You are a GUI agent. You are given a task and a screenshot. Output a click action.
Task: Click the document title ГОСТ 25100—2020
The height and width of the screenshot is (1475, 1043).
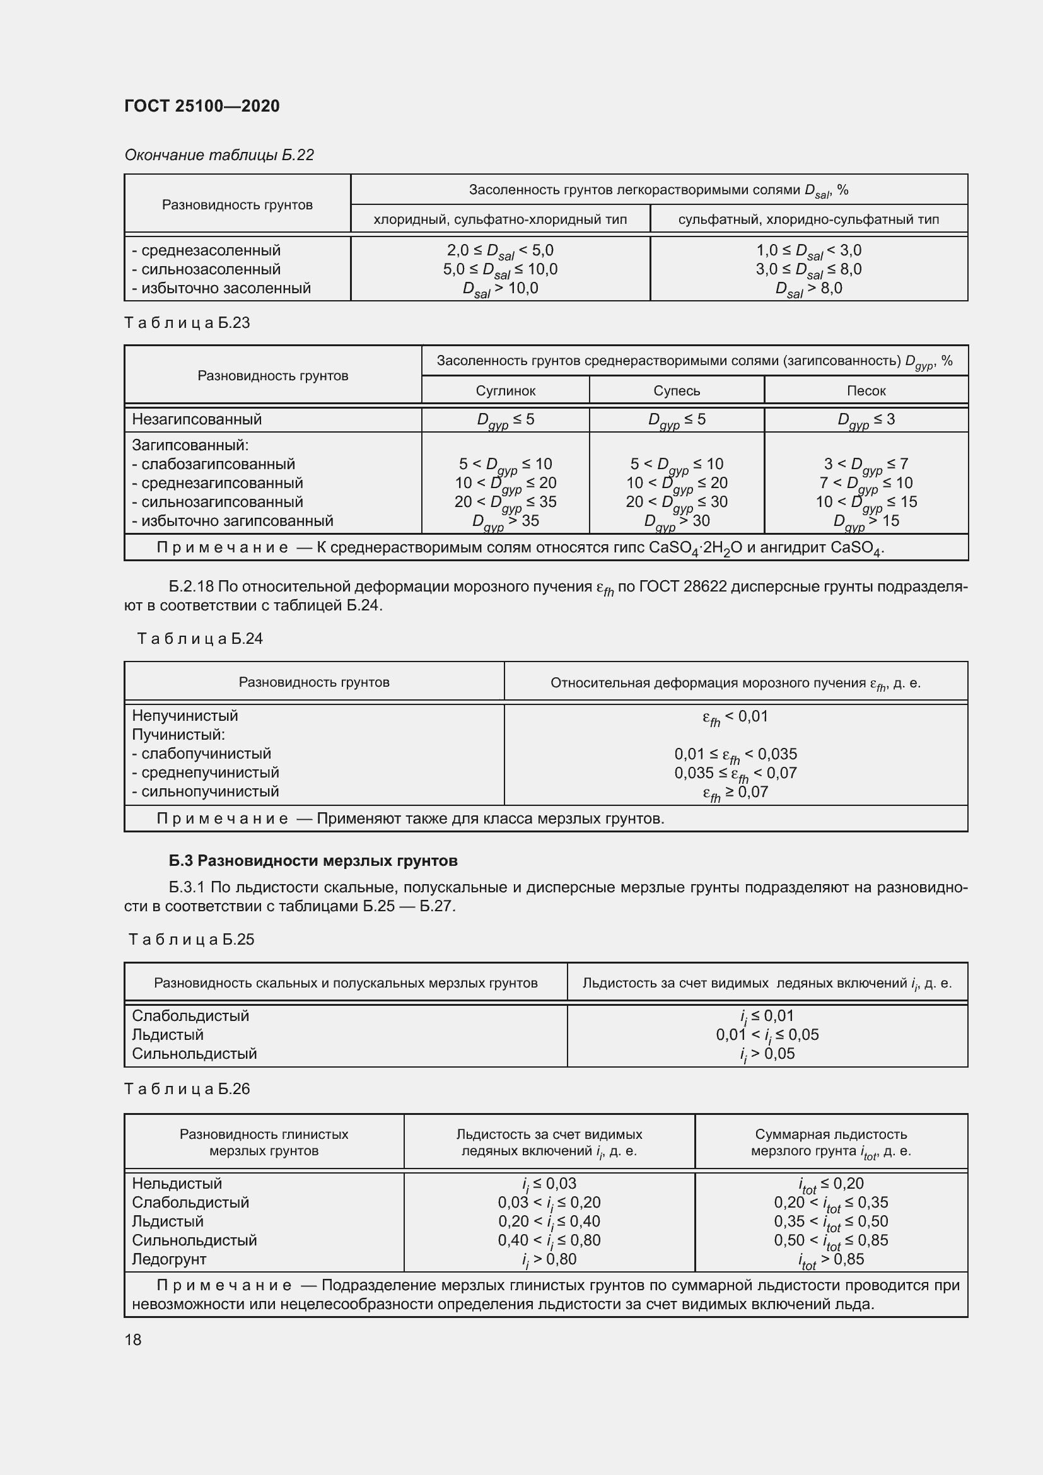(202, 106)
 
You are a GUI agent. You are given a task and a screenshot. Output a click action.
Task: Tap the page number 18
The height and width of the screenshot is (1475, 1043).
(133, 1340)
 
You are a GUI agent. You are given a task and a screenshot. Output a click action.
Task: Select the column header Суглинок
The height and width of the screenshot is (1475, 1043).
(505, 390)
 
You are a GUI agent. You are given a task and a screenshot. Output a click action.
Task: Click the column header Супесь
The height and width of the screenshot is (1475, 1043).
(676, 390)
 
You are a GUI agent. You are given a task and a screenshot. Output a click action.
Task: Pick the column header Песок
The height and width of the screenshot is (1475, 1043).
(866, 390)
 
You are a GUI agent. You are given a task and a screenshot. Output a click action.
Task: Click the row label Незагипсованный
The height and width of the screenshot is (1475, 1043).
(197, 419)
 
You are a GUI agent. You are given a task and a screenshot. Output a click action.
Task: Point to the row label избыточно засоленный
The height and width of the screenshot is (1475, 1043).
(221, 288)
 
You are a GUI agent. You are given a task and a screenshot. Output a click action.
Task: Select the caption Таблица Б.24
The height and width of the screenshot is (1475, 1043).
(200, 639)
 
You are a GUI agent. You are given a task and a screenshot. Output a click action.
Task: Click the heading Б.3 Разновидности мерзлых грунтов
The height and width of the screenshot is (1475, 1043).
(313, 860)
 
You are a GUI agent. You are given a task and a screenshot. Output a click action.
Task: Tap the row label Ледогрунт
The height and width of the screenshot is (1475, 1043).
(169, 1259)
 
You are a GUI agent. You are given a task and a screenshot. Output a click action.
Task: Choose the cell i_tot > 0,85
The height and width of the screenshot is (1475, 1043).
(831, 1260)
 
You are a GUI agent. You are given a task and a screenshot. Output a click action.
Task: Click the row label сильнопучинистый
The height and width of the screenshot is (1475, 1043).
(206, 791)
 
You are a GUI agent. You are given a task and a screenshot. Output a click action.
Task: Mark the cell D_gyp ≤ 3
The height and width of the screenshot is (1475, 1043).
(866, 420)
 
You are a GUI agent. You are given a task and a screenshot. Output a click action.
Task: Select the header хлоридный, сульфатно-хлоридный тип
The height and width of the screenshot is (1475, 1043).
(499, 219)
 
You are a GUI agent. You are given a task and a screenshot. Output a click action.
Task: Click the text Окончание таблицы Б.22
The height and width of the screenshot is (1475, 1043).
(219, 155)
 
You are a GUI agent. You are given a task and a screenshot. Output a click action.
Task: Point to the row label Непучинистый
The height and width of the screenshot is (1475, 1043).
(185, 716)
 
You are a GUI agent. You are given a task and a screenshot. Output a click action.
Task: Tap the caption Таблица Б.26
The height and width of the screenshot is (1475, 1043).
(187, 1089)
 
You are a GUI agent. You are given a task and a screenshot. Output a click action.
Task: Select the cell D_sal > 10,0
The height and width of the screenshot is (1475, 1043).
(499, 289)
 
